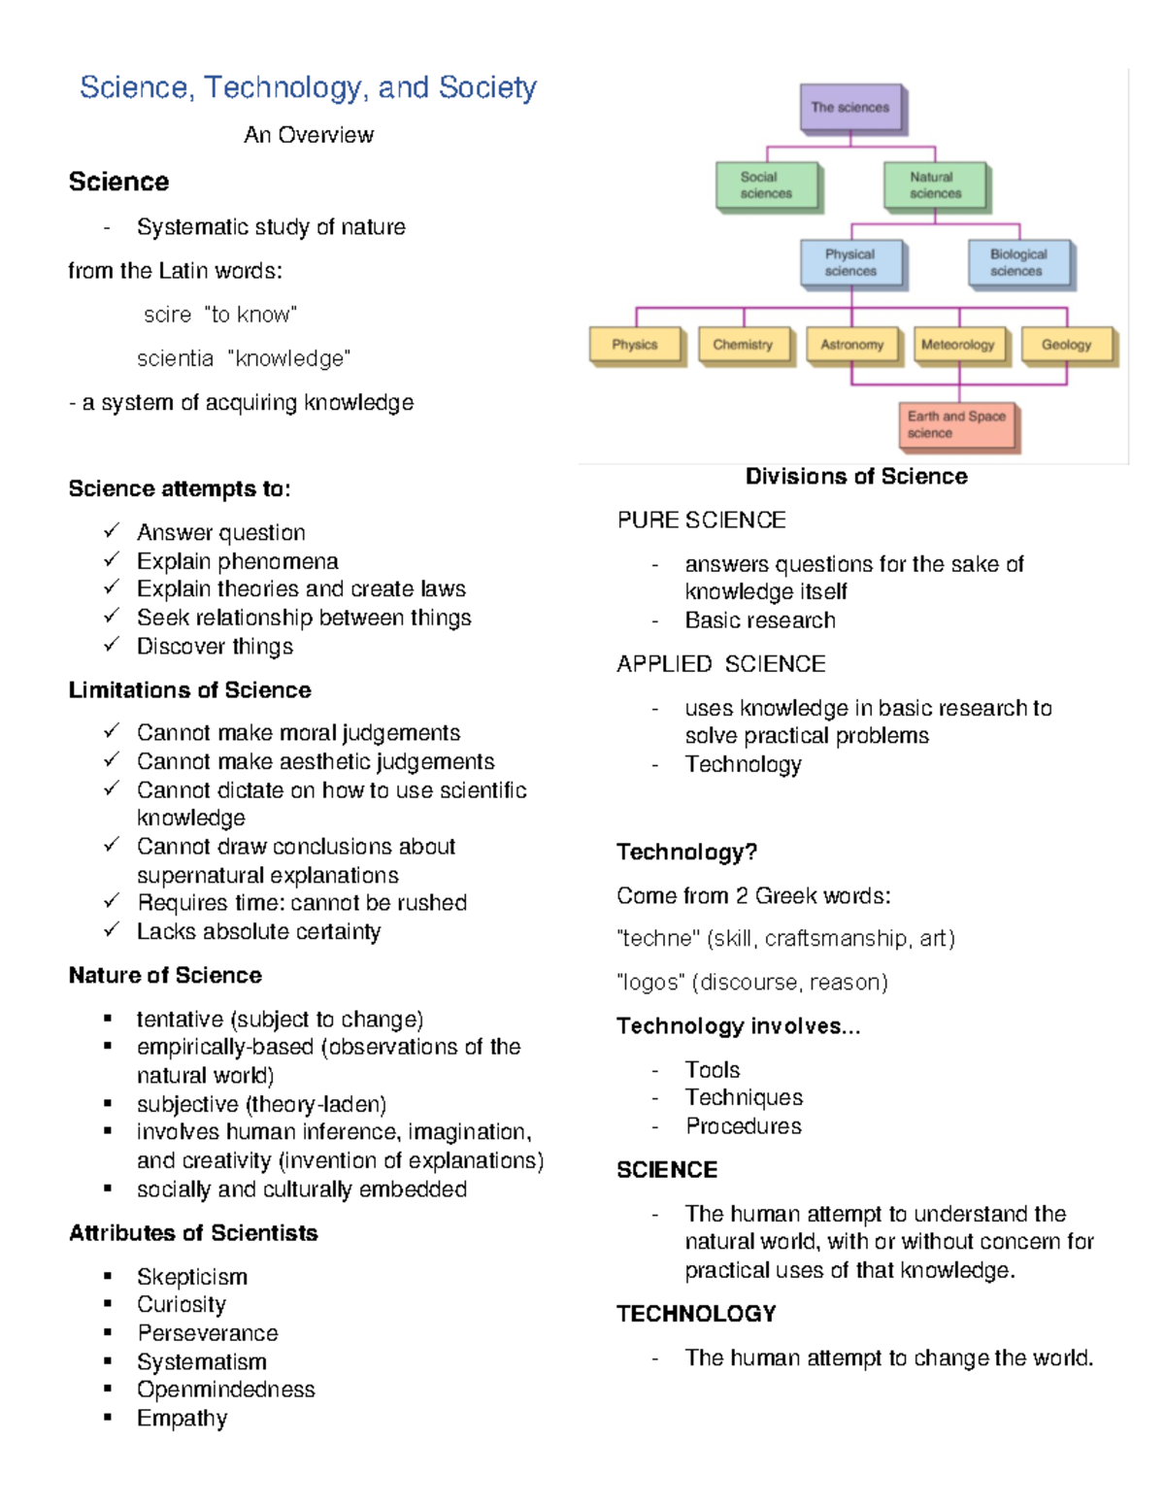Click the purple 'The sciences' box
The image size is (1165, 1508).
[850, 108]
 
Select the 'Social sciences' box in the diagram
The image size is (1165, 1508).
[766, 185]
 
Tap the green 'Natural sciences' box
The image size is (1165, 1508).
[935, 185]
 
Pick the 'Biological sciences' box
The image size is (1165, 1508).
[1018, 263]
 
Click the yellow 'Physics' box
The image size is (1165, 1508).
[635, 345]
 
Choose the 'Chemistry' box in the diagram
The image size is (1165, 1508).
[743, 345]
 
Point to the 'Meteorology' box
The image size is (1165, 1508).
[958, 345]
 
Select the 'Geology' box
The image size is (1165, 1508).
[1066, 345]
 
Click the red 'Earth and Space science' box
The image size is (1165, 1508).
[956, 424]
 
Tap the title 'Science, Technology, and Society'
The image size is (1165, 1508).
[308, 87]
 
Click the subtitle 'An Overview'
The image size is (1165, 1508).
[309, 135]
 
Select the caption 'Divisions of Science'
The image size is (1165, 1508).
[856, 477]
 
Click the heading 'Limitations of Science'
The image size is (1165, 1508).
[190, 690]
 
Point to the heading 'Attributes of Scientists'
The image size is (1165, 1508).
[193, 1233]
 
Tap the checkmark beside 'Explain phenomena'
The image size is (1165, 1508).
[112, 559]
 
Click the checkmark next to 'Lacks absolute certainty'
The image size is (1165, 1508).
[112, 929]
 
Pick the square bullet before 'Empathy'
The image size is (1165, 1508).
[108, 1417]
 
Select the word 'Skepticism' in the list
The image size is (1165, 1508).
[192, 1277]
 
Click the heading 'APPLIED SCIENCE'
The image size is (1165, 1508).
[721, 664]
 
